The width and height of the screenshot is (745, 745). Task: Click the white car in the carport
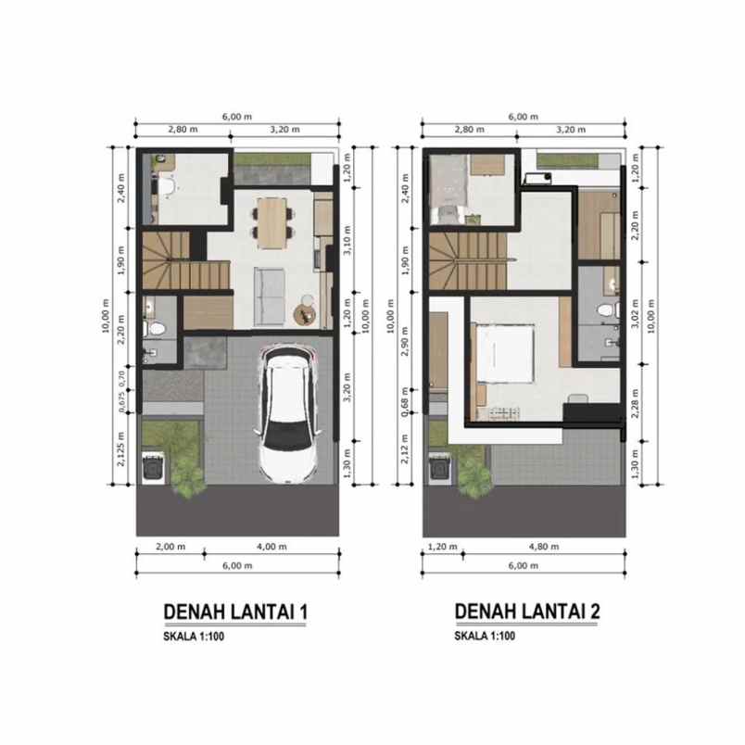click(288, 414)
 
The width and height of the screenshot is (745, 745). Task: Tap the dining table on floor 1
click(272, 222)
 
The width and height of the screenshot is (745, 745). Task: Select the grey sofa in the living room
click(270, 297)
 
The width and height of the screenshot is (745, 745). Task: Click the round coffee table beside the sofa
click(305, 314)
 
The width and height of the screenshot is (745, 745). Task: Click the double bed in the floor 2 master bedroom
click(505, 353)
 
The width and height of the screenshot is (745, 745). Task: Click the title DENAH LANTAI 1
click(235, 612)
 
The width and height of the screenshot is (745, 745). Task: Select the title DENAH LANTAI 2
click(527, 611)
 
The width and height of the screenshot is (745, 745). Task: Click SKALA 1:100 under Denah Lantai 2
click(485, 636)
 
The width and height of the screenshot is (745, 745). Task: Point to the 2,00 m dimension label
click(170, 547)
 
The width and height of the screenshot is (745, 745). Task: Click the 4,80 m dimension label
click(544, 547)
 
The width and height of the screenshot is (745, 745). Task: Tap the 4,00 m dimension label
click(271, 547)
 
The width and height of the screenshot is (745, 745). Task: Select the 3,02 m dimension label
click(635, 313)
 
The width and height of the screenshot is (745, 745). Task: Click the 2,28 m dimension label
click(635, 403)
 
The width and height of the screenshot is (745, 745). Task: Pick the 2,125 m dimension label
click(120, 448)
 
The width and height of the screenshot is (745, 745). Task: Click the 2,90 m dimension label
click(405, 341)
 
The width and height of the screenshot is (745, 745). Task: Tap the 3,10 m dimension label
click(347, 239)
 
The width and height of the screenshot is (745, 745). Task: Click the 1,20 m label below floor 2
click(442, 547)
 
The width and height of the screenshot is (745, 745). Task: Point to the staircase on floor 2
click(468, 260)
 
